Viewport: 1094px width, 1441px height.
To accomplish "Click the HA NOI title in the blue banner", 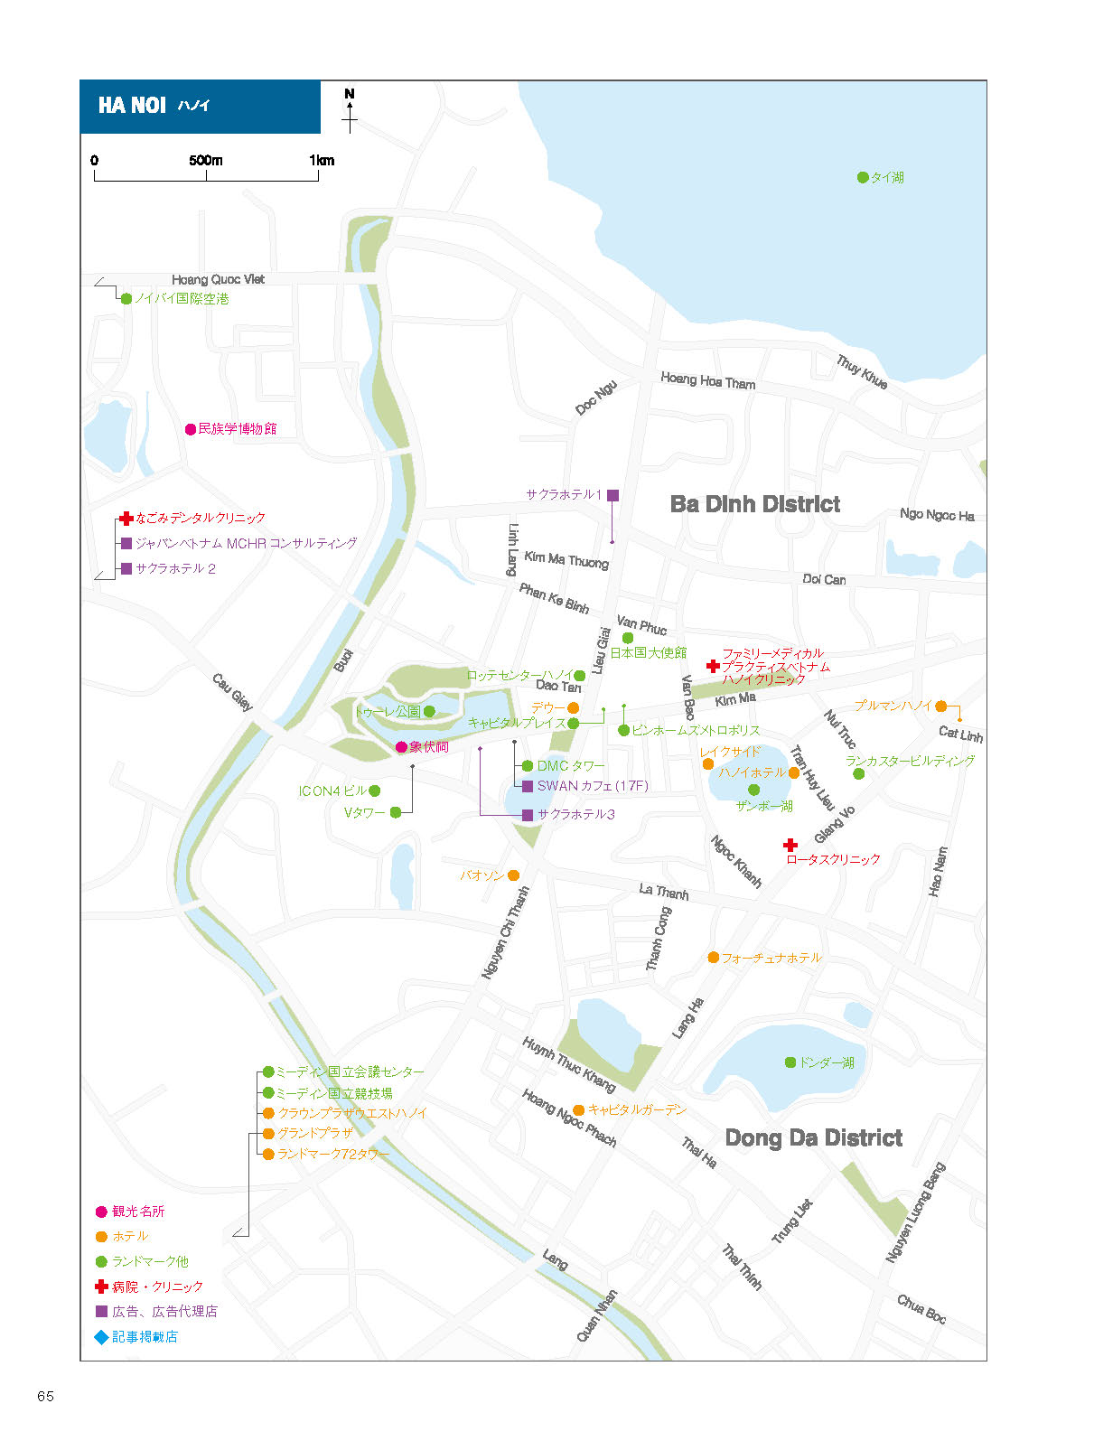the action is click(x=131, y=105).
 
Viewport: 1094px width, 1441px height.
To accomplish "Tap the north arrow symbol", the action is click(x=350, y=112).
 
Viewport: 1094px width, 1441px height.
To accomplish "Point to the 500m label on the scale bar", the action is click(x=205, y=160).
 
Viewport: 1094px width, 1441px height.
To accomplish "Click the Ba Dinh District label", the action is click(x=754, y=503).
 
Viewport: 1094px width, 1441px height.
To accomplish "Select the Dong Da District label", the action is click(x=814, y=1137).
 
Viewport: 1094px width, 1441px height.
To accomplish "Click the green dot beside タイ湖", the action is click(x=863, y=177).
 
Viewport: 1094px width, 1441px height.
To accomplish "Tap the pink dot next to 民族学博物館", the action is click(x=191, y=429).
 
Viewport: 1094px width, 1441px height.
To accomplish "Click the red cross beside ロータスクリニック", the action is click(x=790, y=845).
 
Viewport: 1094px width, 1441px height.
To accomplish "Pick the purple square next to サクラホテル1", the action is click(x=613, y=495).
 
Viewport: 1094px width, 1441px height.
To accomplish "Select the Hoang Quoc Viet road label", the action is click(x=218, y=280).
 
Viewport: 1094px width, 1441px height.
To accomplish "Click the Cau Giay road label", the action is click(x=232, y=693).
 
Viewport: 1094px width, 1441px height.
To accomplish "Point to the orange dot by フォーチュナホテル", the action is click(x=714, y=958).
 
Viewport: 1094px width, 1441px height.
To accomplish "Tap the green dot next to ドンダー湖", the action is click(x=790, y=1062).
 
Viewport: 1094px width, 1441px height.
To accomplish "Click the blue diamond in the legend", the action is click(x=101, y=1337).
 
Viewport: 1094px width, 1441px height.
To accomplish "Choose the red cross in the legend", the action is click(x=101, y=1287).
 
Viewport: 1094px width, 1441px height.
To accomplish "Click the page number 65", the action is click(x=45, y=1397).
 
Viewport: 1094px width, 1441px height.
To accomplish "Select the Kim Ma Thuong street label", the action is click(x=566, y=559).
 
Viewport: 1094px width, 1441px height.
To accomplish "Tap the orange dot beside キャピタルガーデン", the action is click(x=579, y=1110).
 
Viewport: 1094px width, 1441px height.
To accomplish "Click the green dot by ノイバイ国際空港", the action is click(x=126, y=299).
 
